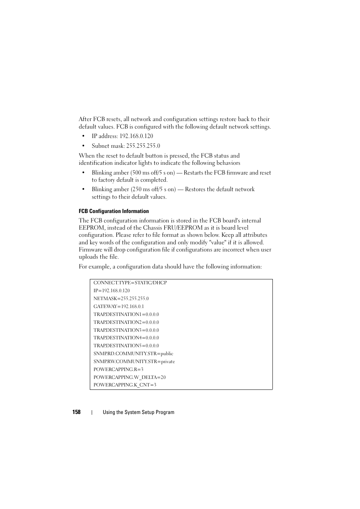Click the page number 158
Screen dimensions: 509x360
click(76, 412)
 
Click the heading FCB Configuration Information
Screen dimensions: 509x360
click(114, 211)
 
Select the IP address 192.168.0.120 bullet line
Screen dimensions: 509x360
click(122, 136)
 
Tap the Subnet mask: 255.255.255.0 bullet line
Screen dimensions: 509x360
click(126, 146)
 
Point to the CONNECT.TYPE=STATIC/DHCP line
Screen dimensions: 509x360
click(130, 283)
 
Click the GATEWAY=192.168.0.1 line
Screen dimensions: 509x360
click(118, 307)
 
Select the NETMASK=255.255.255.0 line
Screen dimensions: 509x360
click(121, 299)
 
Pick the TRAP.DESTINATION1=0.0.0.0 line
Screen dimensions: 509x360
click(126, 314)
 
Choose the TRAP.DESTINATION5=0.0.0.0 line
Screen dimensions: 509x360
click(126, 346)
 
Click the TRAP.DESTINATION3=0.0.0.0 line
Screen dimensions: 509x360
click(126, 330)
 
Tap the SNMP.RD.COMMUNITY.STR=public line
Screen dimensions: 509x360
click(133, 354)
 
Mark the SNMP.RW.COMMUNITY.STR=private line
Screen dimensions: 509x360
click(134, 362)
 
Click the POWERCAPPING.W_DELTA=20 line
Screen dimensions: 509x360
click(129, 377)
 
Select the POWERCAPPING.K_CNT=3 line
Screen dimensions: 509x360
click(125, 385)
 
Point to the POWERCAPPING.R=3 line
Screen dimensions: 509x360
click(118, 369)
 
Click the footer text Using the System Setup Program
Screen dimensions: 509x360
click(138, 412)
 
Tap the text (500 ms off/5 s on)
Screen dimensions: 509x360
click(152, 173)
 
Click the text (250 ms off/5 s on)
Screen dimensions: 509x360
click(153, 189)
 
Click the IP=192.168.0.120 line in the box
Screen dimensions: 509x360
click(111, 291)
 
